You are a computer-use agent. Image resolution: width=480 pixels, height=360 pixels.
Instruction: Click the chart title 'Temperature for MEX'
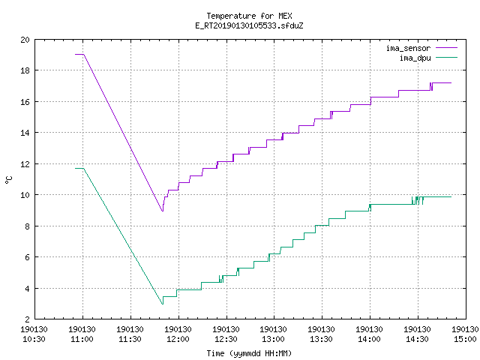249,16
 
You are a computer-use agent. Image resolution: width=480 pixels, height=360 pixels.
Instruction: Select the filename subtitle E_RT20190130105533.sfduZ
249,25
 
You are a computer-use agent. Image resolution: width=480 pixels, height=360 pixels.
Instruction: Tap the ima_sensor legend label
408,48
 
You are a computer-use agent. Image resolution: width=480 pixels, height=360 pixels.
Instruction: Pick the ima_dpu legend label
415,58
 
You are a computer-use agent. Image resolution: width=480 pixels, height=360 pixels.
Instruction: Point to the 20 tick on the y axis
25,40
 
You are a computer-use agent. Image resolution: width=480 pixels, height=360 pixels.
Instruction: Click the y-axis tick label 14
25,133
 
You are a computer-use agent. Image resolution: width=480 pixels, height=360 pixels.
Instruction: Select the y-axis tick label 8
28,226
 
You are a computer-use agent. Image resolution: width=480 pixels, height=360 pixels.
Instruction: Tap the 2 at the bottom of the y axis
28,319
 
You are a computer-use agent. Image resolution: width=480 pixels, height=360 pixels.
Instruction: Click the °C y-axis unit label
8,180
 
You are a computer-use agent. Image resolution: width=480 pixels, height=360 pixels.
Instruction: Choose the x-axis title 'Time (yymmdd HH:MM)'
249,353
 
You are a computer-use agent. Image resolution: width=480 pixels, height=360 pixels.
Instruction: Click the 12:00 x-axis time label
178,339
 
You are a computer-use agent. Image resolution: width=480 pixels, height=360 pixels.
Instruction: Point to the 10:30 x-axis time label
34,339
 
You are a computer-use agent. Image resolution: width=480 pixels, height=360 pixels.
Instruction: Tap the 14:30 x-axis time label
417,339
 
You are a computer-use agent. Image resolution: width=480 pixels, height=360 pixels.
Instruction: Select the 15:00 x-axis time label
465,339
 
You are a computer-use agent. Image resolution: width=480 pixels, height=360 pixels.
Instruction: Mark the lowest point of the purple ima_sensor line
163,211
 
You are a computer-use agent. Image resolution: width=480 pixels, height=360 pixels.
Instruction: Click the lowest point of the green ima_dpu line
163,304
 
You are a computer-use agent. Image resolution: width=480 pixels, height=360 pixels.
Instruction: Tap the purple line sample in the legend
446,48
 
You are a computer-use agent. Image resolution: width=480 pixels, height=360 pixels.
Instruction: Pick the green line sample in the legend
446,57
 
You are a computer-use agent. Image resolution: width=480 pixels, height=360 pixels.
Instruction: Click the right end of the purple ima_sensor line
451,82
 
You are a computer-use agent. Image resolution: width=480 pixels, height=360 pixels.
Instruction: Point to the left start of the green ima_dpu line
75,168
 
